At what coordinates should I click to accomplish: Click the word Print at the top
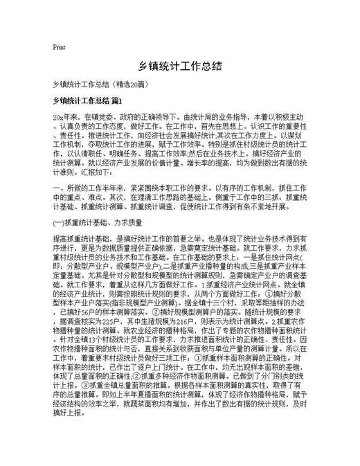point(59,47)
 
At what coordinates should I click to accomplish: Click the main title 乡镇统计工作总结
point(180,66)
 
